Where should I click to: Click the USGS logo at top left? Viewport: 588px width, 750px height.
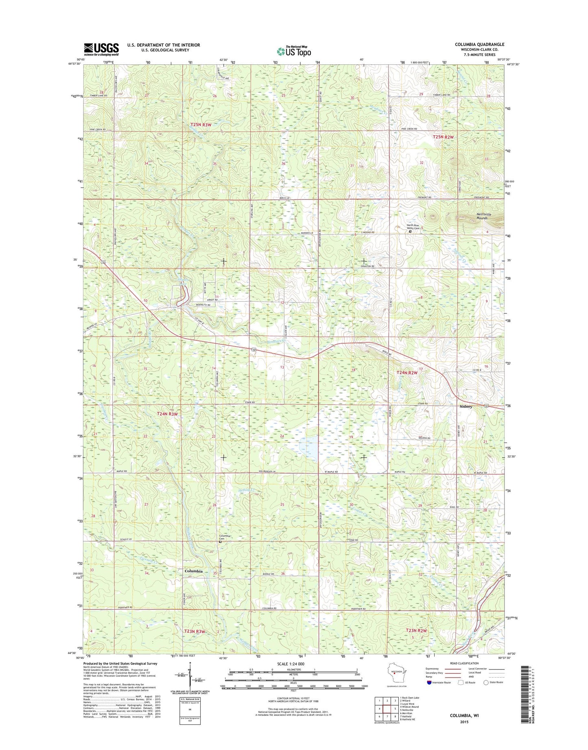pyautogui.click(x=101, y=49)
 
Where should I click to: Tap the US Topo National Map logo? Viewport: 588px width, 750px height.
pyautogui.click(x=294, y=51)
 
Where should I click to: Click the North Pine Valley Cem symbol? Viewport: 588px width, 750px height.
pyautogui.click(x=410, y=231)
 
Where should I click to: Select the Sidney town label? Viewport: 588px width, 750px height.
pyautogui.click(x=466, y=406)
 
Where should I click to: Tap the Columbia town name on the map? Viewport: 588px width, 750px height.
pyautogui.click(x=193, y=571)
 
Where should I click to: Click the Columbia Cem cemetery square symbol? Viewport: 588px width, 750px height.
pyautogui.click(x=220, y=542)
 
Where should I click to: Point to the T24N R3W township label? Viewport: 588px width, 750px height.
pyautogui.click(x=167, y=414)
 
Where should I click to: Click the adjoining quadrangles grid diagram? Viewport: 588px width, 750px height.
pyautogui.click(x=387, y=708)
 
